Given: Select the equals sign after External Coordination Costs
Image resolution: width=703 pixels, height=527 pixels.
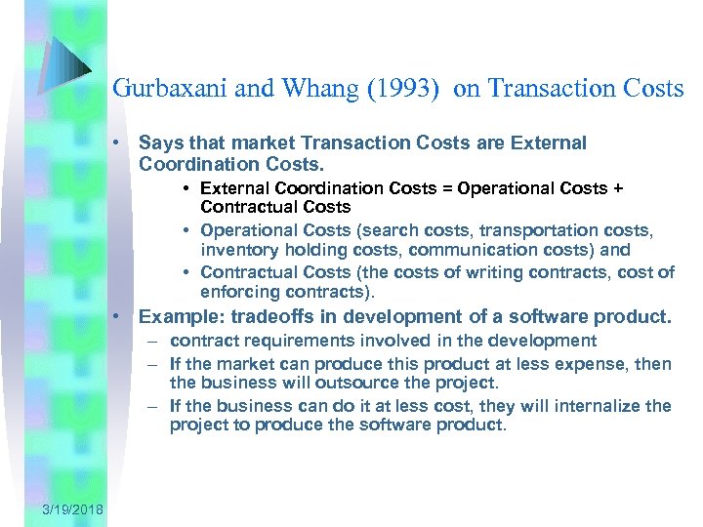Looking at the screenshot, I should (444, 188).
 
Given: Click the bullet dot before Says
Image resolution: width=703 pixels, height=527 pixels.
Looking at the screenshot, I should (116, 143).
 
